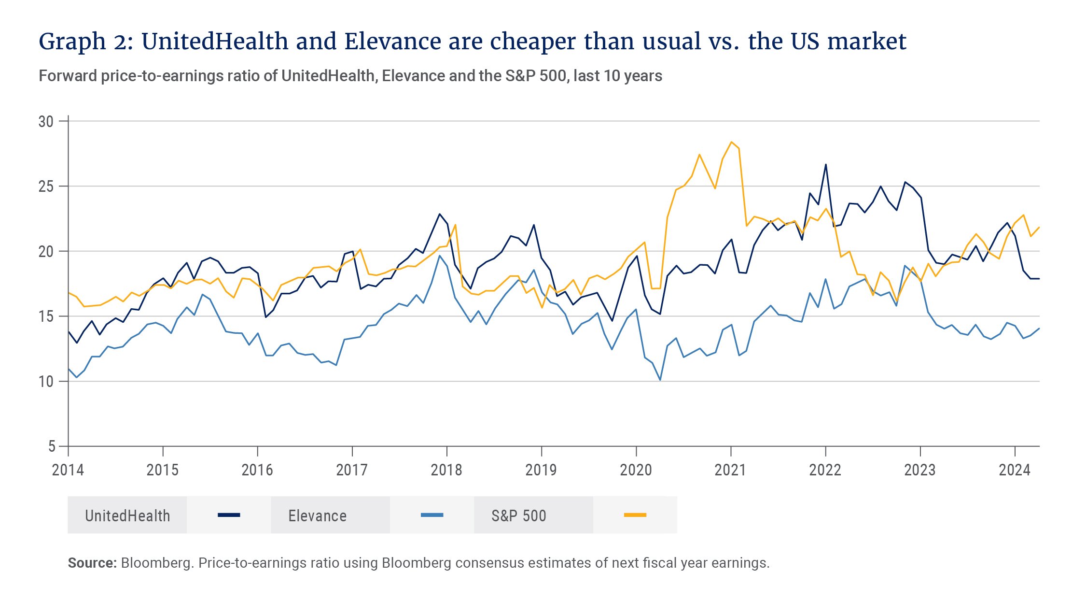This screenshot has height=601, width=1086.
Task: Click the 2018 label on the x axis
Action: [446, 470]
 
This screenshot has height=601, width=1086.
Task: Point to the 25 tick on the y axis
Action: [46, 186]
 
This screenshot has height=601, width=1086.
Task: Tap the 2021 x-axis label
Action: [730, 470]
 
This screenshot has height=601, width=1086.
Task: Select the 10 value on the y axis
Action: [46, 382]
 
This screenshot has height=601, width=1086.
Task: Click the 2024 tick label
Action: [1015, 470]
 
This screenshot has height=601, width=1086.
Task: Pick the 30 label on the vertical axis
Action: [46, 122]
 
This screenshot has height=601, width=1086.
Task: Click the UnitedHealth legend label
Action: [127, 516]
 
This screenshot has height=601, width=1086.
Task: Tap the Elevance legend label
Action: [318, 516]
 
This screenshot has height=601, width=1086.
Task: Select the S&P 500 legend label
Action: [519, 516]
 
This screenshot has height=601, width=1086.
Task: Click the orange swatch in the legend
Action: [635, 515]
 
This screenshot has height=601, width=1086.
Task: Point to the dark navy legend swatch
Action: [229, 515]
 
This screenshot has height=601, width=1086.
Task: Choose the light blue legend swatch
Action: [432, 515]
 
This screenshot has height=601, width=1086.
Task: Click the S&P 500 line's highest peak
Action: [731, 142]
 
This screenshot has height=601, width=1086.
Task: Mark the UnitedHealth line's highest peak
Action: [826, 165]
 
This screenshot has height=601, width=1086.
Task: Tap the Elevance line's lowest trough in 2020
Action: [660, 380]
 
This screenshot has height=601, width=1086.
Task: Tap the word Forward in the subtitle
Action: [68, 76]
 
